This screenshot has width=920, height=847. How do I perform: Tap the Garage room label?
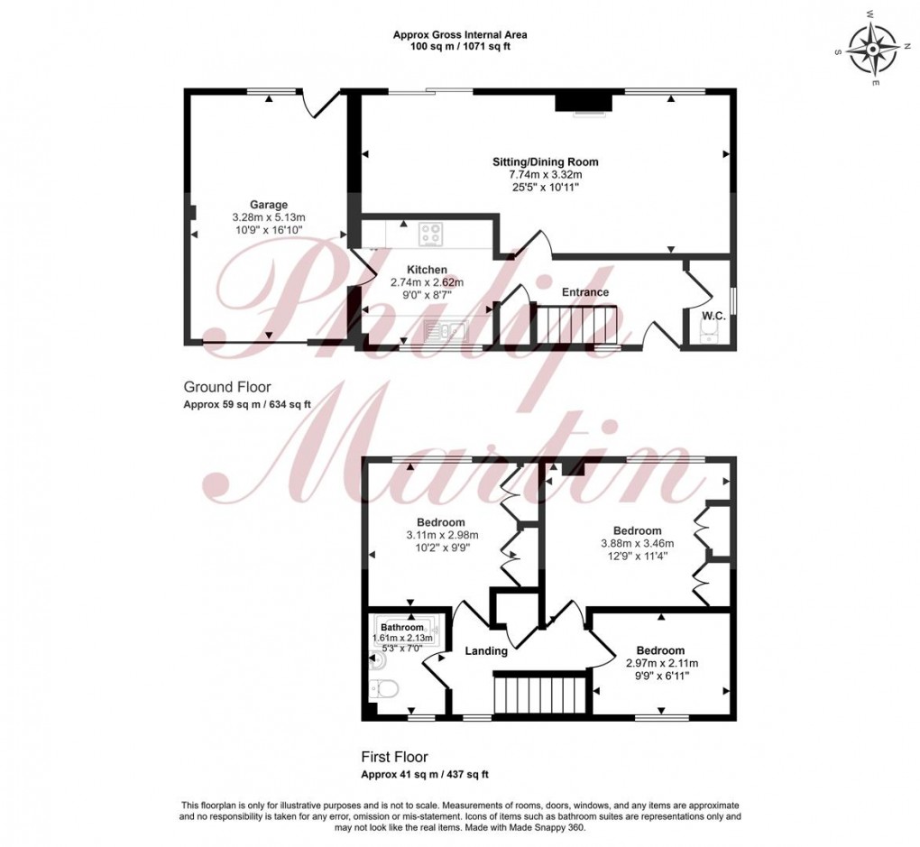point(269,205)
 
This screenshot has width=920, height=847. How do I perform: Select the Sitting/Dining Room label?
point(546,162)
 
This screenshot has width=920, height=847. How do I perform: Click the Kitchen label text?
point(428,270)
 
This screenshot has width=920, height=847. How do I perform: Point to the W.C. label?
point(714,316)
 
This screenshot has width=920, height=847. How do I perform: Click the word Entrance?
point(585,292)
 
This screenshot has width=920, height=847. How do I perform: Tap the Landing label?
point(486,651)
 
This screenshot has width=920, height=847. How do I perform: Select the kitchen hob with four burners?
point(431,235)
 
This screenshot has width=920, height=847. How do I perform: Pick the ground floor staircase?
point(574,325)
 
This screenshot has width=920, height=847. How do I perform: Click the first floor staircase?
point(539,694)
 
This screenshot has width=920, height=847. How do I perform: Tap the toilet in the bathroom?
point(384,687)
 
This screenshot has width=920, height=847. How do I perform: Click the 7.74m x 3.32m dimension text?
point(546,175)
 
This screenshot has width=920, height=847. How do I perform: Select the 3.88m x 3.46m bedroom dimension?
point(637,544)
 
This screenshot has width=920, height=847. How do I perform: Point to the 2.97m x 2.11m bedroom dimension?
point(661,663)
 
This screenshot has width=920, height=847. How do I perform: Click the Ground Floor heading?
point(227,387)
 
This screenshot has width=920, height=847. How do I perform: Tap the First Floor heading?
point(394,757)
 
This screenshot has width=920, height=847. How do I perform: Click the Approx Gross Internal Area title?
point(460,34)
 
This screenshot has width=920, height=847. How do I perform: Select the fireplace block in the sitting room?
point(584,102)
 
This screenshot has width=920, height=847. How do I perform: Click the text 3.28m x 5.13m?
point(269,217)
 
